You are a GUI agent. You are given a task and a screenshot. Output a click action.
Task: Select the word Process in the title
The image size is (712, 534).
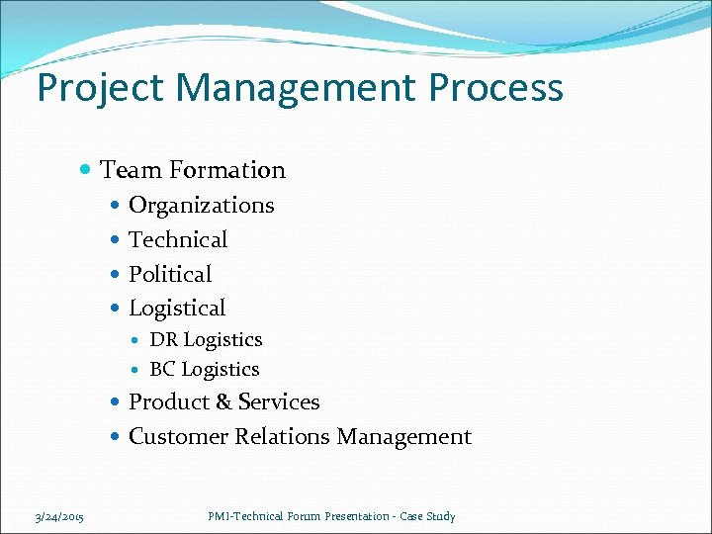click(497, 87)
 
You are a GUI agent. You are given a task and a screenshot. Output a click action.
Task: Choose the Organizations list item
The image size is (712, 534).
click(202, 205)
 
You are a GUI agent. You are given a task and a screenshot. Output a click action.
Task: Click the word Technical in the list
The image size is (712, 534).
click(178, 239)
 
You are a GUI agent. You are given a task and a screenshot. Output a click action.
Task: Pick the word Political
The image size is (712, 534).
click(170, 274)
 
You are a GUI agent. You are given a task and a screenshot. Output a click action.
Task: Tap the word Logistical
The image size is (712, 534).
click(177, 309)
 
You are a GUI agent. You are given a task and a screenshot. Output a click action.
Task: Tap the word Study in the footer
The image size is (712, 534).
click(441, 516)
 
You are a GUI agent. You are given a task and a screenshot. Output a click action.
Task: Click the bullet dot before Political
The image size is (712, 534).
click(116, 275)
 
